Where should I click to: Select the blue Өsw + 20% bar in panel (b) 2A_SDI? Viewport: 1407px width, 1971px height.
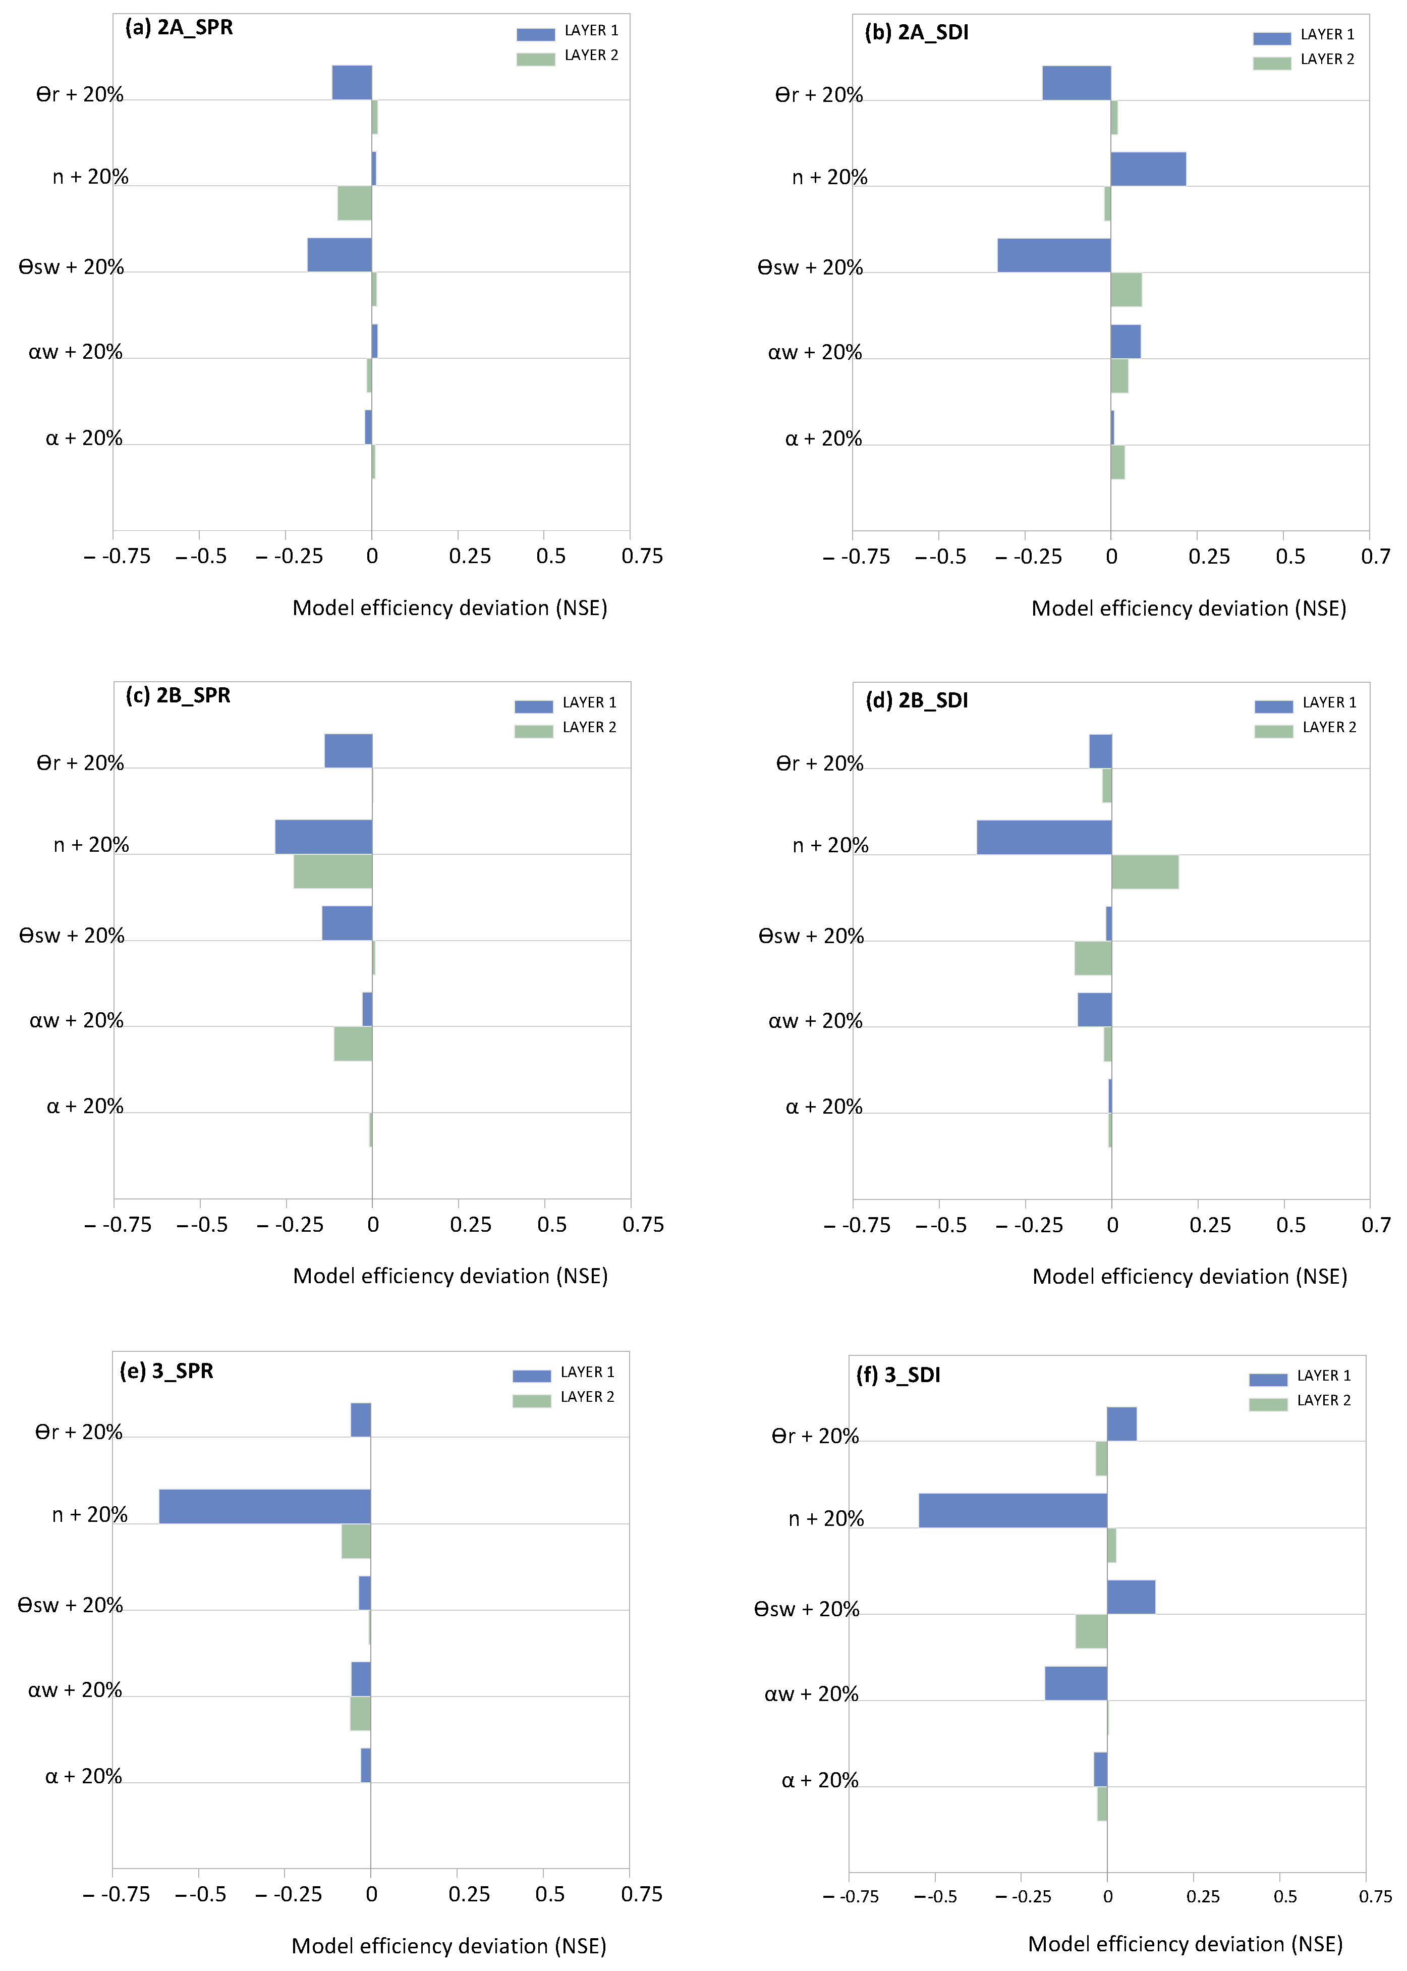[x=1053, y=255]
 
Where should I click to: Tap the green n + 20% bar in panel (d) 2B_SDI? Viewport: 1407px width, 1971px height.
[x=1145, y=871]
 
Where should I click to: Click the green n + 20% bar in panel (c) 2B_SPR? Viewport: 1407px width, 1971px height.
[x=332, y=871]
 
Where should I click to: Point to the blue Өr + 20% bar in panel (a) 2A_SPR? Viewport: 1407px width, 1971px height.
[x=352, y=82]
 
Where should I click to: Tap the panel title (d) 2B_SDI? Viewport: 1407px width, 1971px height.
[x=917, y=700]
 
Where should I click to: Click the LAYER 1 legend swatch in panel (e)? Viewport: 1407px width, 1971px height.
[x=531, y=1376]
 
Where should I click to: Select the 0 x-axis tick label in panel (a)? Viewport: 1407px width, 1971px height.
[x=372, y=556]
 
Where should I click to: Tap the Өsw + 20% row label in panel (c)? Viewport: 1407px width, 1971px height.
[x=72, y=936]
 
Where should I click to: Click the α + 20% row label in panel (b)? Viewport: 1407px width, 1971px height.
[x=823, y=439]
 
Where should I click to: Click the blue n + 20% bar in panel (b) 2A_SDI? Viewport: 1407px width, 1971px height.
[x=1148, y=169]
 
